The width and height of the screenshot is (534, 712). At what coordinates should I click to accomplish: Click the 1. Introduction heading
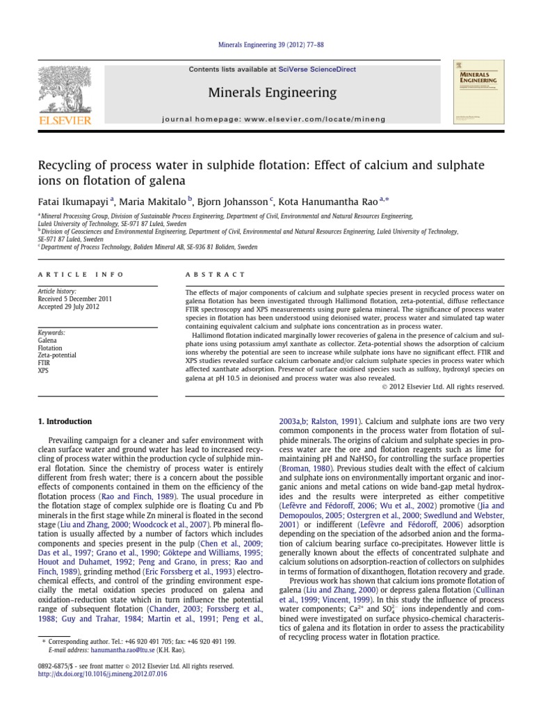pyautogui.click(x=65, y=421)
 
